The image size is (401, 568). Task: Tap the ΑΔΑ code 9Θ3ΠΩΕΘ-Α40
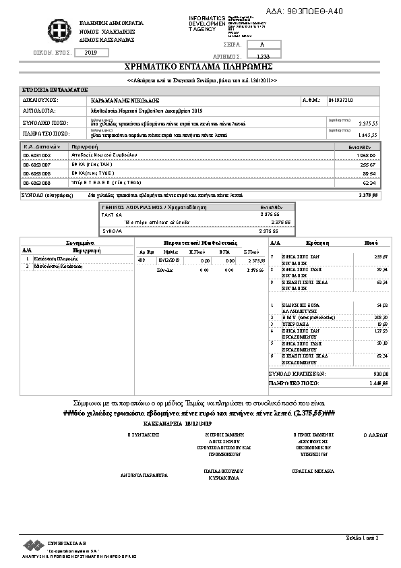(314, 11)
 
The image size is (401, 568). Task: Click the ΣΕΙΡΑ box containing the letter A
(261, 44)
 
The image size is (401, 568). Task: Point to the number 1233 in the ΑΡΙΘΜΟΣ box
(263, 56)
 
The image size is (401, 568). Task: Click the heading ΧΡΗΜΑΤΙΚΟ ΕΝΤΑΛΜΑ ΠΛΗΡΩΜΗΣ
(197, 67)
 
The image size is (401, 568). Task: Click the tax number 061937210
(340, 100)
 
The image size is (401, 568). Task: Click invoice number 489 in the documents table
(141, 260)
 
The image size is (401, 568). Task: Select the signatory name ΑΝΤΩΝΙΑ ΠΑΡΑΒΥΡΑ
(144, 475)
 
